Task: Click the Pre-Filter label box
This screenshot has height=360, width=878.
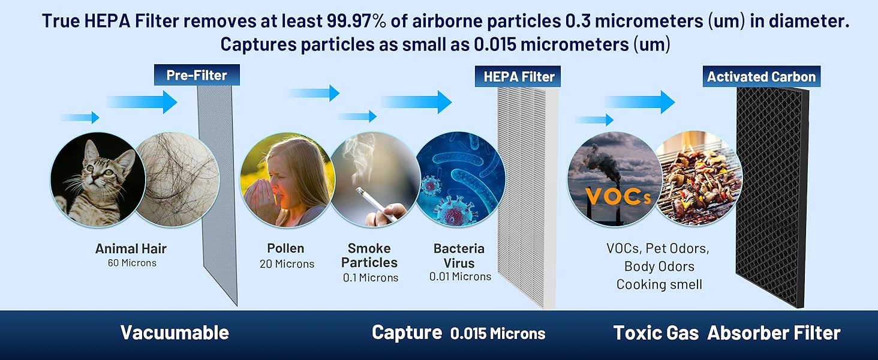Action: point(197,75)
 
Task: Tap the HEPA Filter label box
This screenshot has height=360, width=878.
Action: point(518,76)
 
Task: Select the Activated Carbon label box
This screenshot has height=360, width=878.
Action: point(761,76)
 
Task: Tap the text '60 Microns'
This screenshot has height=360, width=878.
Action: point(132,263)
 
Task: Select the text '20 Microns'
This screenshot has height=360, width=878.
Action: point(287,264)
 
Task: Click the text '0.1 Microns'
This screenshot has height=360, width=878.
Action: point(371,278)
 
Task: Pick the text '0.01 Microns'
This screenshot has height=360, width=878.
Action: point(460,277)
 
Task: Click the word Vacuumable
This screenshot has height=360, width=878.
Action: point(175,332)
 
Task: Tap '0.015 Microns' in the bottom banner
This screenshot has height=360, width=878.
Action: point(498,334)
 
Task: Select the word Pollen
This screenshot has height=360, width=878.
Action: point(285,248)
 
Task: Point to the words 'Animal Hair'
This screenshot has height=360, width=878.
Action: point(131,248)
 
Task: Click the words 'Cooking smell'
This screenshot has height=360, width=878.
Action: point(659,284)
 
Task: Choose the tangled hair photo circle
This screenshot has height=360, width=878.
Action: point(176,179)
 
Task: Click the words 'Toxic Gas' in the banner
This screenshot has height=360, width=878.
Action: point(656,333)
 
